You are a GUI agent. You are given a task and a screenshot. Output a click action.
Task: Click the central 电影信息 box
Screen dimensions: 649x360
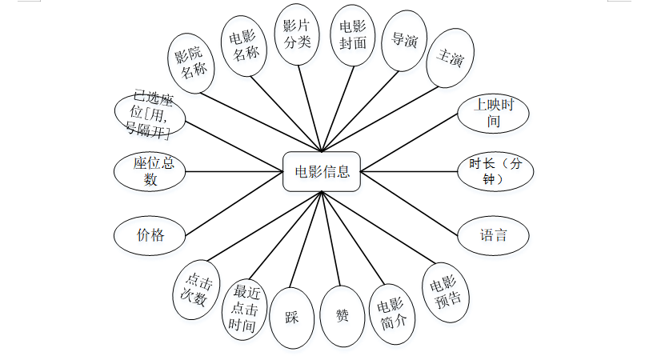322,171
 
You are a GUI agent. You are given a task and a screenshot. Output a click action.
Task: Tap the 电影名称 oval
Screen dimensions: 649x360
245,46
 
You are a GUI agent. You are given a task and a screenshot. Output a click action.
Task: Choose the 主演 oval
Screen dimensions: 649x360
451,58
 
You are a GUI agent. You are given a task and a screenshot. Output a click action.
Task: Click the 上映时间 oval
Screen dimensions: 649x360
493,113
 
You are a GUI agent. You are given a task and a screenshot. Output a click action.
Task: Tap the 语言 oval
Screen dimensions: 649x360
493,235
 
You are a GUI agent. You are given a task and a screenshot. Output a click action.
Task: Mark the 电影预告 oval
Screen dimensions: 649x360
446,292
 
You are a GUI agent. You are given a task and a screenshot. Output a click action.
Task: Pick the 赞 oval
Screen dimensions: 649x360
343,316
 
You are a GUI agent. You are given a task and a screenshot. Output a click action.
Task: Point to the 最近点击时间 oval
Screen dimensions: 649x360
243,308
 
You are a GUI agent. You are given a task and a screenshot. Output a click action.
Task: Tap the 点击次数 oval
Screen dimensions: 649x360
196,289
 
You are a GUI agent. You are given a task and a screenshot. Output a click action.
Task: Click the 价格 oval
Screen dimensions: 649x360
150,235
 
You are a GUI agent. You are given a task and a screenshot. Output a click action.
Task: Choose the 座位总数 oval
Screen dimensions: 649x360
150,171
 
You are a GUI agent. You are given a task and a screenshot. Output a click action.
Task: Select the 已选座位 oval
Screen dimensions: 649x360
150,114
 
